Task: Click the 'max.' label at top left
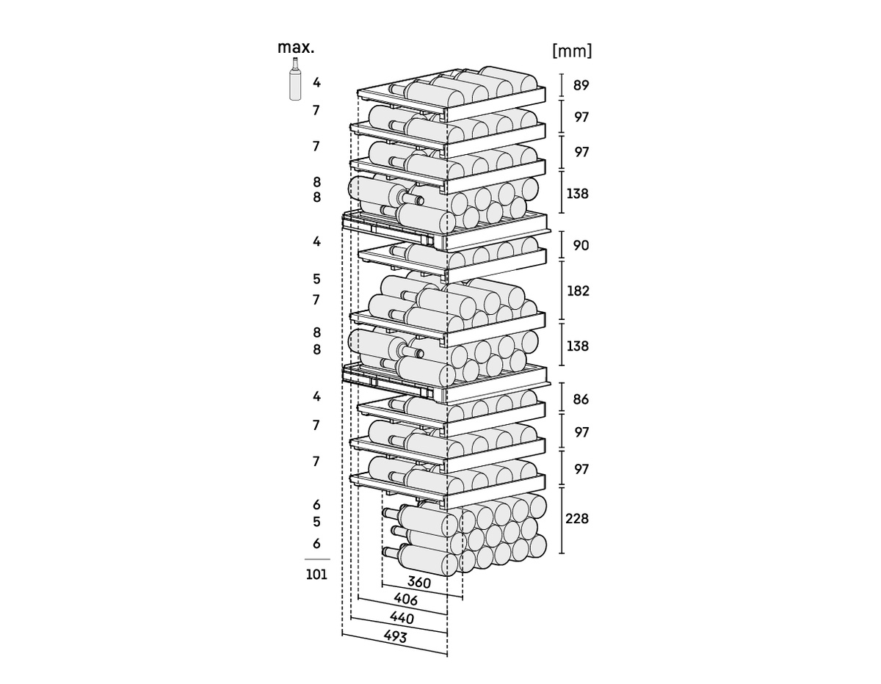(x=296, y=48)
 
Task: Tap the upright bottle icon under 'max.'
(x=295, y=79)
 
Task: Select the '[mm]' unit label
(x=572, y=51)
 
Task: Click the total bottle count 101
(x=316, y=574)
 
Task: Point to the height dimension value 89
(x=581, y=85)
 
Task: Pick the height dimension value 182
(x=578, y=291)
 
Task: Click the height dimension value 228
(x=577, y=519)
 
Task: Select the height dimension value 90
(x=581, y=246)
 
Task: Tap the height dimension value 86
(x=581, y=399)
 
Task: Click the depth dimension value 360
(x=418, y=583)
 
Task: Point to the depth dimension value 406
(x=405, y=600)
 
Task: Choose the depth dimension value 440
(x=402, y=618)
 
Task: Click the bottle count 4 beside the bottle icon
(x=316, y=83)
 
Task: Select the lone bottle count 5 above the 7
(x=316, y=279)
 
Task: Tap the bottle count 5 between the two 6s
(x=316, y=522)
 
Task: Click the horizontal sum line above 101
(x=317, y=559)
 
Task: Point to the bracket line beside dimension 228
(x=562, y=520)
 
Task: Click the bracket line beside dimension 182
(x=562, y=290)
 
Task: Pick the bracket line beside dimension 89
(x=562, y=85)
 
